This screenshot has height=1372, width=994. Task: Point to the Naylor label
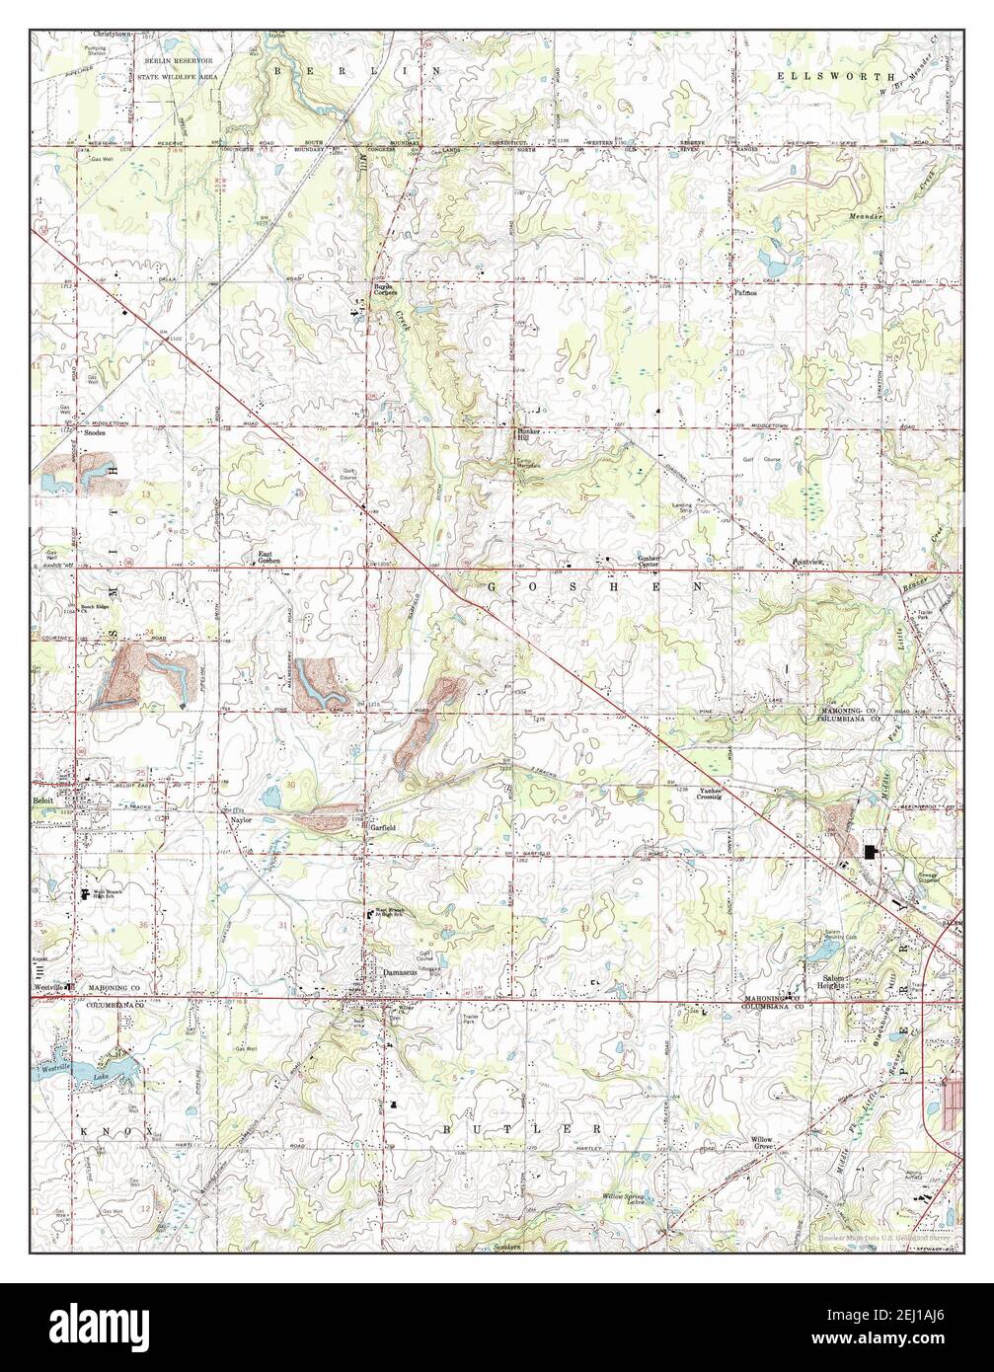tap(243, 819)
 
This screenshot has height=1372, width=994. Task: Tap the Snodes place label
tap(95, 432)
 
